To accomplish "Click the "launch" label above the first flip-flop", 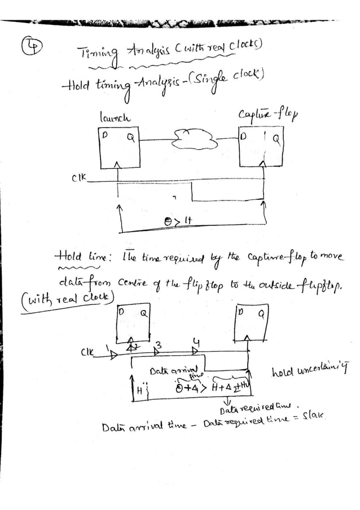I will point(115,117).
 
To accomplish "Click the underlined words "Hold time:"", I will point(85,258).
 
